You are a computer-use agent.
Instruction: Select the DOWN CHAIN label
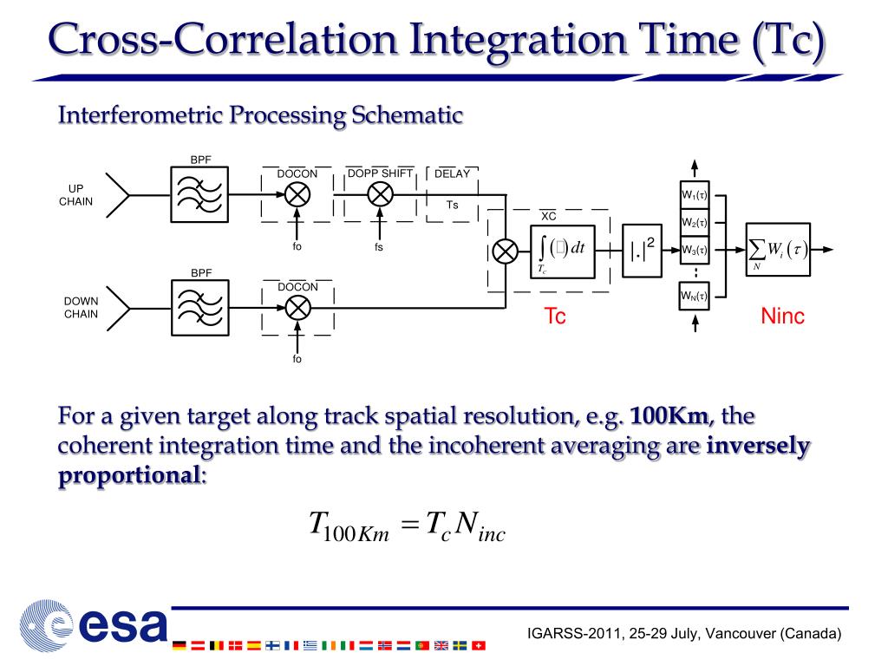[x=81, y=307]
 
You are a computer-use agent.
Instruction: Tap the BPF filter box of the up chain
[x=200, y=196]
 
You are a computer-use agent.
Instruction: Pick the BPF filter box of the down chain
[x=200, y=308]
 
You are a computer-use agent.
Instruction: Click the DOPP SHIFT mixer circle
[x=381, y=195]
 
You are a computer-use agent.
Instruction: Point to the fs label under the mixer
[x=379, y=247]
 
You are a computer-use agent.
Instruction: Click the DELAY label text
[x=452, y=173]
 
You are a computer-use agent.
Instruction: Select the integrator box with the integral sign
[x=563, y=251]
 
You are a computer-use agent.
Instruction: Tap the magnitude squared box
[x=643, y=251]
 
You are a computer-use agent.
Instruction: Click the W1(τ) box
[x=694, y=195]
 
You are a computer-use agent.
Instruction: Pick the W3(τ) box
[x=694, y=251]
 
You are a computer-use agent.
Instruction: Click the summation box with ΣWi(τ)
[x=779, y=251]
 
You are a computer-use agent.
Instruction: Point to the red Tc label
[x=555, y=317]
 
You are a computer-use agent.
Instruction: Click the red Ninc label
[x=782, y=317]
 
